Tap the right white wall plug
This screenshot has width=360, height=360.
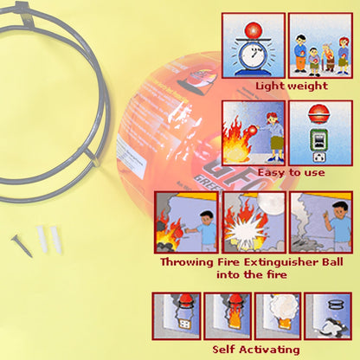[x=55, y=236]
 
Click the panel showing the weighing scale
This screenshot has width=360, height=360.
[x=254, y=44]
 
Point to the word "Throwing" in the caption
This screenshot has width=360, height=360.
[x=191, y=261]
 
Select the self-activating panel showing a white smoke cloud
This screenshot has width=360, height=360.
[x=278, y=314]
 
